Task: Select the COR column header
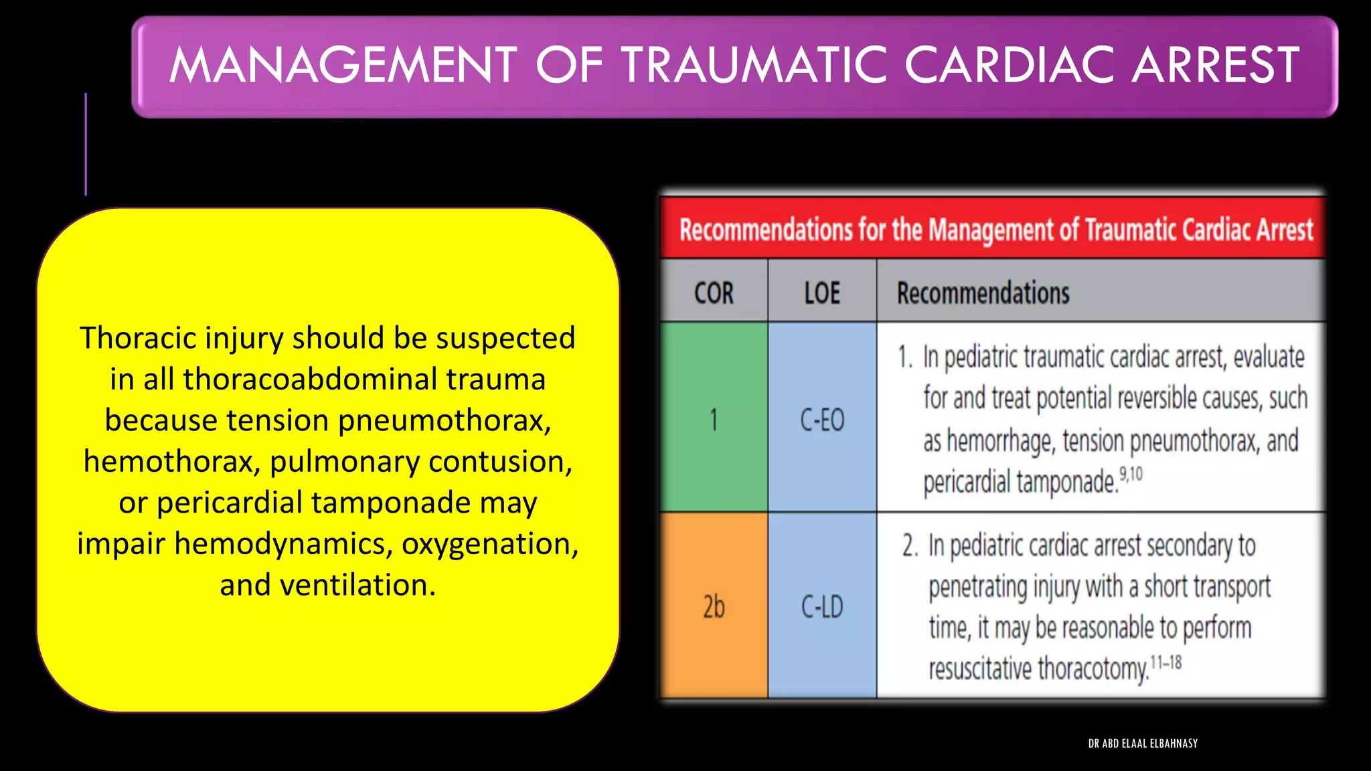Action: click(714, 293)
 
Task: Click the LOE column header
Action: click(822, 293)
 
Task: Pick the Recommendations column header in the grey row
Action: click(983, 293)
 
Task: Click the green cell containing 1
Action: click(714, 420)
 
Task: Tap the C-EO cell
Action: click(822, 420)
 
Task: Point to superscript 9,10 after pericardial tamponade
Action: click(1131, 475)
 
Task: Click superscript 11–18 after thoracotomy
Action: click(1165, 663)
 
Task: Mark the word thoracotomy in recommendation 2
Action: click(1093, 669)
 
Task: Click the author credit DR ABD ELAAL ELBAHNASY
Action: click(1143, 744)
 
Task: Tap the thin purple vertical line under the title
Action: click(86, 144)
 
